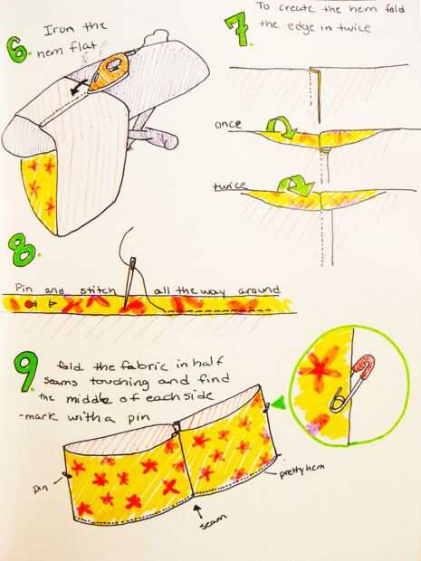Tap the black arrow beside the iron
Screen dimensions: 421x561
(x=79, y=88)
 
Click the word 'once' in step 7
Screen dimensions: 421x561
(x=227, y=124)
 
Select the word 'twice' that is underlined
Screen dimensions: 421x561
(x=229, y=185)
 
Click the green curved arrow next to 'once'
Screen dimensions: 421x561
(x=281, y=128)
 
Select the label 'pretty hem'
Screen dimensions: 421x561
(x=301, y=471)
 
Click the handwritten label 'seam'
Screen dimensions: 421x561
(x=213, y=521)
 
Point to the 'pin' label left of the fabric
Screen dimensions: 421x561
(x=43, y=488)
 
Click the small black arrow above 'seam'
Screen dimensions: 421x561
(x=198, y=511)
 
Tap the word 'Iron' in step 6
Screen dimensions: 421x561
(x=57, y=30)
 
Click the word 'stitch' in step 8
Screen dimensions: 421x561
(x=98, y=290)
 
